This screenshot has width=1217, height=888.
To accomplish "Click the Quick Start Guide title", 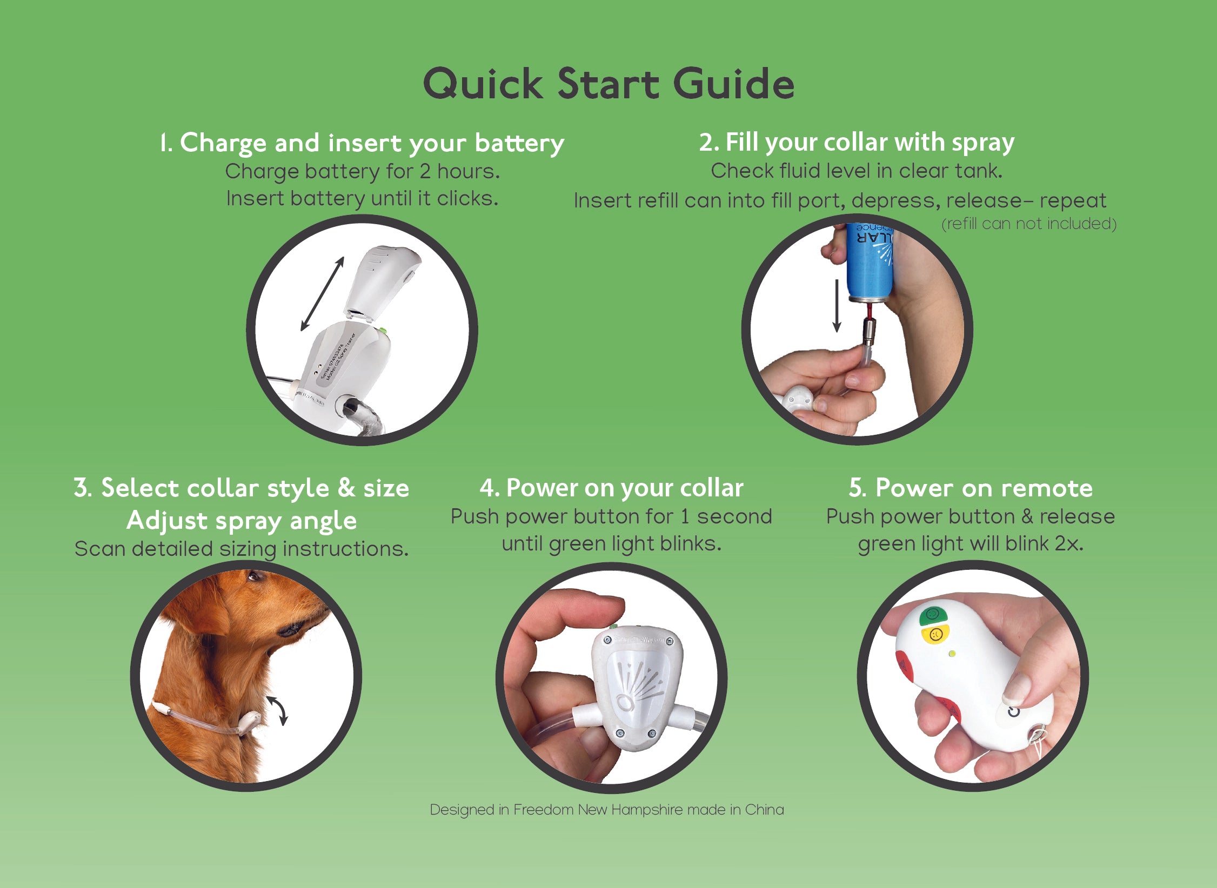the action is click(x=608, y=84).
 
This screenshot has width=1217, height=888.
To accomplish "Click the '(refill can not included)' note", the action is click(x=1029, y=224).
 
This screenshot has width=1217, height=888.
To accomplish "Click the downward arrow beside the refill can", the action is click(x=837, y=306).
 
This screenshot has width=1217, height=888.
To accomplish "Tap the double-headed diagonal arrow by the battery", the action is click(x=323, y=293).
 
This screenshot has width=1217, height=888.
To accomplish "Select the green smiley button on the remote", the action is click(x=933, y=615).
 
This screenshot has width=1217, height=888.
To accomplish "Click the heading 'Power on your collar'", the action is click(x=611, y=488).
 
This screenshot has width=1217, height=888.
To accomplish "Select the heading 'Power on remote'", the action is click(x=971, y=488).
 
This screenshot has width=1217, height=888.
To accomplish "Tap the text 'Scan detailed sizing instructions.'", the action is click(x=242, y=549).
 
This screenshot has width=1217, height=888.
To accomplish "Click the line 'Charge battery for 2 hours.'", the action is click(x=363, y=172).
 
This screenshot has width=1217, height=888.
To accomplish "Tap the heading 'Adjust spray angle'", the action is click(x=242, y=521).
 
